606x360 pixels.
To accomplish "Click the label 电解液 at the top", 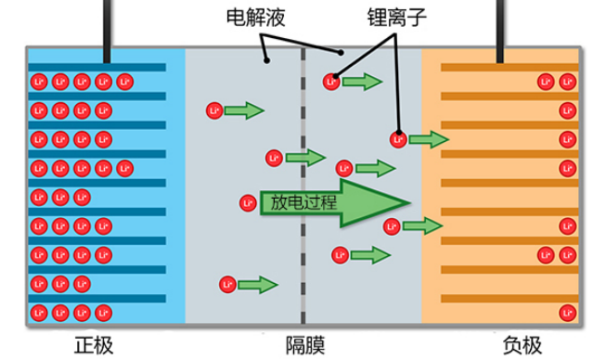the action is point(256,18).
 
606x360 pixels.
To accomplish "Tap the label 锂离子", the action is point(397,18).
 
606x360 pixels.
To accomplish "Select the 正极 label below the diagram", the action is point(94,345).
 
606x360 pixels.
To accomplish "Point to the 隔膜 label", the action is point(305,345).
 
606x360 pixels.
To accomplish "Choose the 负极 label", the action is point(522,345).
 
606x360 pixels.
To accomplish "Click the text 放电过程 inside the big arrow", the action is point(303,202).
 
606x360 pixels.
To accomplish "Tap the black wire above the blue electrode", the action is point(107,32).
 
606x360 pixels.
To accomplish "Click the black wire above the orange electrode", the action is point(500,32).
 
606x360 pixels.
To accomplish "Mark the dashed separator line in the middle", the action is point(303,186).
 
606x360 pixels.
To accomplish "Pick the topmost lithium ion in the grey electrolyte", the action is point(331,82).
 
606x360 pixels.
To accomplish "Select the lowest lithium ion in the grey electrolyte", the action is point(227,285).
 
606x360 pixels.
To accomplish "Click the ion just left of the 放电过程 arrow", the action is point(248,203).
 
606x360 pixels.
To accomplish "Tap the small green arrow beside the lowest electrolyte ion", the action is point(258,285).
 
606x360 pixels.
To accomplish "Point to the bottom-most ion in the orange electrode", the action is point(567,313).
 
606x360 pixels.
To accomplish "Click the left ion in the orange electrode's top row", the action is point(546,82).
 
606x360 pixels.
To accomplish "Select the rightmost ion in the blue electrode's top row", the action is point(125,82).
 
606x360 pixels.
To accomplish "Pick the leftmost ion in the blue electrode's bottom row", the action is point(39,313).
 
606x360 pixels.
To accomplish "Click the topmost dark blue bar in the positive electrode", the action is point(97,67).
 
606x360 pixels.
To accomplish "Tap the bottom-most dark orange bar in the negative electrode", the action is point(509,298).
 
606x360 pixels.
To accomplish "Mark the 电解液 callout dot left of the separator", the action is point(266,60).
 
